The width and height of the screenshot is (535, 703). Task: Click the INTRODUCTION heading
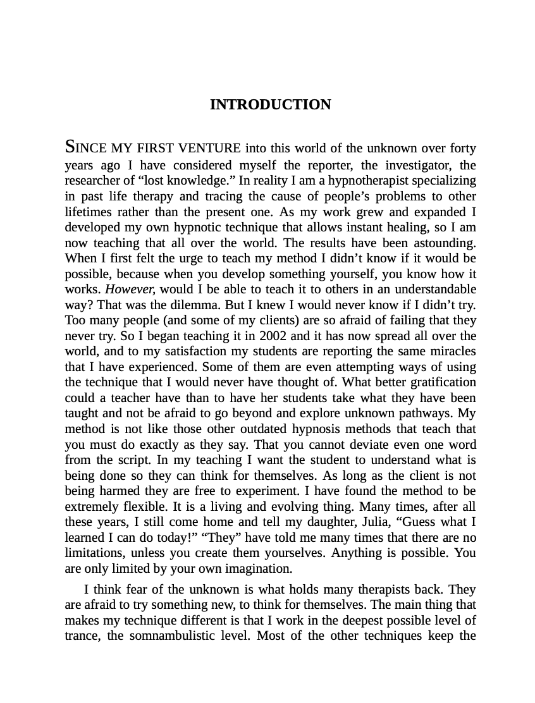[270, 105]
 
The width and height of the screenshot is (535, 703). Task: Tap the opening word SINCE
[86, 148]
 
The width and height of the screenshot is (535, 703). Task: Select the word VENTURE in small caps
[209, 149]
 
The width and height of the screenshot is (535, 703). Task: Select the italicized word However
[130, 289]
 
